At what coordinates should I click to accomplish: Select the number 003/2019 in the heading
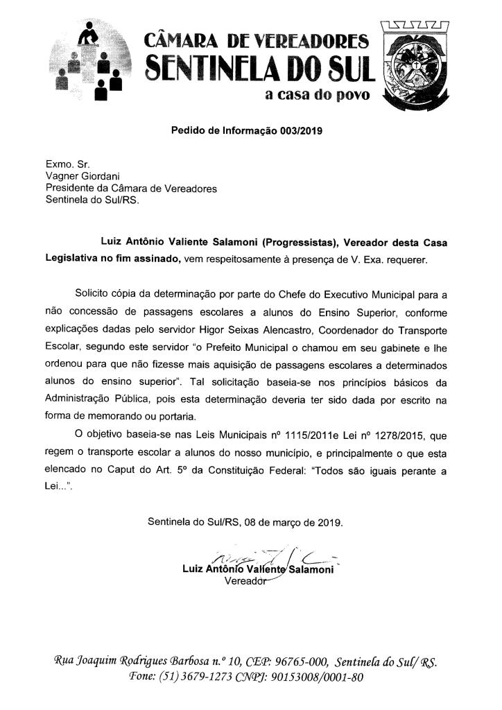(302, 130)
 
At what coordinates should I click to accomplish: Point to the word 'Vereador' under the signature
(245, 580)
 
